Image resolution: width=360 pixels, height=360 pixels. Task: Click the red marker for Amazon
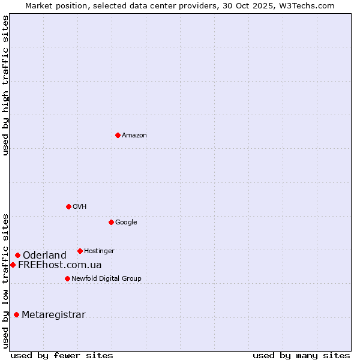(x=118, y=135)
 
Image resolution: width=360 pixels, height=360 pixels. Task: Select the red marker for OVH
(x=68, y=206)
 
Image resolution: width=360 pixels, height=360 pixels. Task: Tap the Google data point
(x=111, y=222)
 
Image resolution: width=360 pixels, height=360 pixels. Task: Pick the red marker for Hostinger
(x=80, y=251)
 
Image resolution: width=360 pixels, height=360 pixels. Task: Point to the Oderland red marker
(x=17, y=255)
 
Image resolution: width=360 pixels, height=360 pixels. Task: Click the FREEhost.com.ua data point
(x=13, y=265)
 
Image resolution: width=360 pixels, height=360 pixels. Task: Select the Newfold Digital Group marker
(x=67, y=278)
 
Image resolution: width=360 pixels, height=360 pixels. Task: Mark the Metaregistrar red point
(x=16, y=314)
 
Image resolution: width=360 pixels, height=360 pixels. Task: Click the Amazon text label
(x=134, y=136)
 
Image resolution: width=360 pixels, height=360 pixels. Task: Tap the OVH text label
(x=80, y=207)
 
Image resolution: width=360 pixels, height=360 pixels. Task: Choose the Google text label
(x=126, y=223)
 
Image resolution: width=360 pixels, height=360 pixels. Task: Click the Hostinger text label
(x=99, y=251)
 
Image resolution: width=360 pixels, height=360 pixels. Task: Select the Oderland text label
(x=44, y=256)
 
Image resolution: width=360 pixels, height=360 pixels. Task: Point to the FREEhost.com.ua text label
(x=59, y=265)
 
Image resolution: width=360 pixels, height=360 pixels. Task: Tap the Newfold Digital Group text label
(x=106, y=279)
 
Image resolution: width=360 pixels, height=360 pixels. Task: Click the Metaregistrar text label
(x=53, y=315)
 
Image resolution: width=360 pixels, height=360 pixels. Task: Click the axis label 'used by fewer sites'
(x=62, y=356)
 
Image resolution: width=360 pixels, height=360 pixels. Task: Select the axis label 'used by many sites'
(x=301, y=356)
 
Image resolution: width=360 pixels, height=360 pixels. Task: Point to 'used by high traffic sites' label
(x=5, y=85)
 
